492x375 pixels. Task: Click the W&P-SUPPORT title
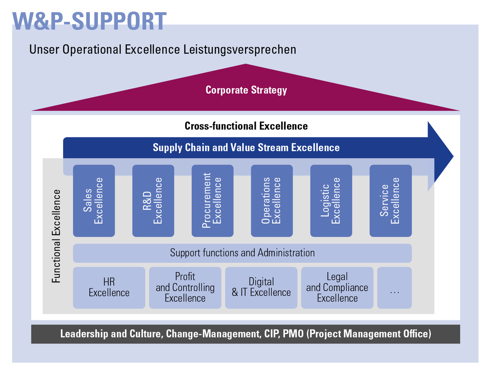coord(89,21)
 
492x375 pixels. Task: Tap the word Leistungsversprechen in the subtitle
coord(240,50)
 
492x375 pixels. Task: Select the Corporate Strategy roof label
coord(246,90)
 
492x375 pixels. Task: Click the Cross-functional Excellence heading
coord(246,126)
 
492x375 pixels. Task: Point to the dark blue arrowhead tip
coord(453,156)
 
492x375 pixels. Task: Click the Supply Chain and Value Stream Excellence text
coord(246,148)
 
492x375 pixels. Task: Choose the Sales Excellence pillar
coord(94,201)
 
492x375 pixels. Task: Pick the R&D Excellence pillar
coord(153,201)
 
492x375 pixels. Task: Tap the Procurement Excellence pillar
coord(212,201)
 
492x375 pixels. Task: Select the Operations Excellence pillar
coord(272,201)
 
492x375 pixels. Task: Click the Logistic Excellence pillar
coord(331,201)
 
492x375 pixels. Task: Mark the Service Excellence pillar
coord(391,201)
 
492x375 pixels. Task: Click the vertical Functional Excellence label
coord(56,236)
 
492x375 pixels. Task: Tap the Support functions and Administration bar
coord(242,253)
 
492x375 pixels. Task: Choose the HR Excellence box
coord(109,288)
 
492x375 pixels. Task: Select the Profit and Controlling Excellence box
coord(185,288)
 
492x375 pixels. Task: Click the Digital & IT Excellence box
coord(261,288)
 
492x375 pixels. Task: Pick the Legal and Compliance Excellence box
coord(337,288)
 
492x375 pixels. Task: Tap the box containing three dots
coord(395,288)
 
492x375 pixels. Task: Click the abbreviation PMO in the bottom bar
coord(293,334)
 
